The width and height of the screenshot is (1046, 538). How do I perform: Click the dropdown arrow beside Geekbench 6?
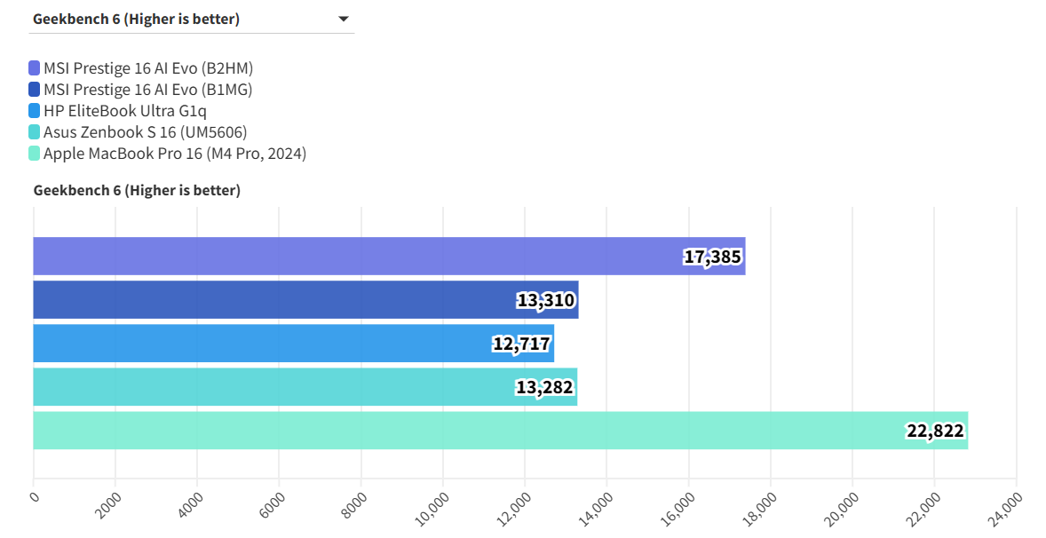[344, 19]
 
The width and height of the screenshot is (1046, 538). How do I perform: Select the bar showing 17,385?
[389, 256]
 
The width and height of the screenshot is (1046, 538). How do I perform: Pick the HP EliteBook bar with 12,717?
[293, 343]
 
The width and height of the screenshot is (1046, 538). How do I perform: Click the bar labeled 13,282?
[305, 387]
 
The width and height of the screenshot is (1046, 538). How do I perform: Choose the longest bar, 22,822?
[500, 431]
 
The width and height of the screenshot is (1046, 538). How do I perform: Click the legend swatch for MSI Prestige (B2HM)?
[35, 68]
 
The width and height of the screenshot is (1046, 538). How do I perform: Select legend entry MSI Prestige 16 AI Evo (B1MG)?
[147, 90]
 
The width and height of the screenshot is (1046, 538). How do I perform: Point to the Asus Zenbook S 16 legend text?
[145, 132]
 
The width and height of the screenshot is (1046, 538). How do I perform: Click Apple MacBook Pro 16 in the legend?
[174, 154]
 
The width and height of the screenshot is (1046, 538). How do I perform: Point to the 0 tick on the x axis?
[35, 495]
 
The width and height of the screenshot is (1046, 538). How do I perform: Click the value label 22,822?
[935, 431]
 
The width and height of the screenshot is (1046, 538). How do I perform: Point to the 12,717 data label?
[521, 344]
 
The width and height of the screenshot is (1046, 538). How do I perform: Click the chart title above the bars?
[137, 190]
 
